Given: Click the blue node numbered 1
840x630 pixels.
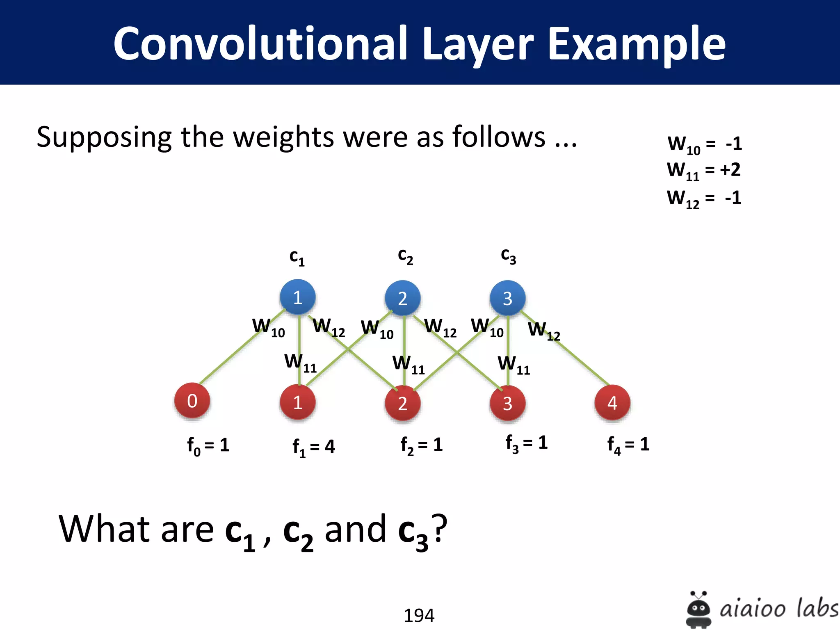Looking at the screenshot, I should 298,297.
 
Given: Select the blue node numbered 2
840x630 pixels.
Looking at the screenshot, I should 403,298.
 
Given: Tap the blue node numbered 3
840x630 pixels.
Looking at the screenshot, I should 508,298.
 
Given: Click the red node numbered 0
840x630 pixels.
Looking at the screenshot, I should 192,401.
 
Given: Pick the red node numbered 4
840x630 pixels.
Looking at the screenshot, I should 612,403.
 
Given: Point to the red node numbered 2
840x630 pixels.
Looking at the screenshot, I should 403,404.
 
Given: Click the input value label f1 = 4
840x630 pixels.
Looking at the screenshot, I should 314,447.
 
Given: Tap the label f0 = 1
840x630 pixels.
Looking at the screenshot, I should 208,445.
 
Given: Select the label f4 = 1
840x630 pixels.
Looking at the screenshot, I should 628,445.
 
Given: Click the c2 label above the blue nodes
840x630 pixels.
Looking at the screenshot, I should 405,256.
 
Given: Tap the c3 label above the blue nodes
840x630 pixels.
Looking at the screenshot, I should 509,256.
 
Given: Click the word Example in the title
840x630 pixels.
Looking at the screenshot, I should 637,43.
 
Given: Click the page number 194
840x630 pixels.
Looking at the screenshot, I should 419,615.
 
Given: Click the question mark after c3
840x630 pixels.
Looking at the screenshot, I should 439,529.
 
